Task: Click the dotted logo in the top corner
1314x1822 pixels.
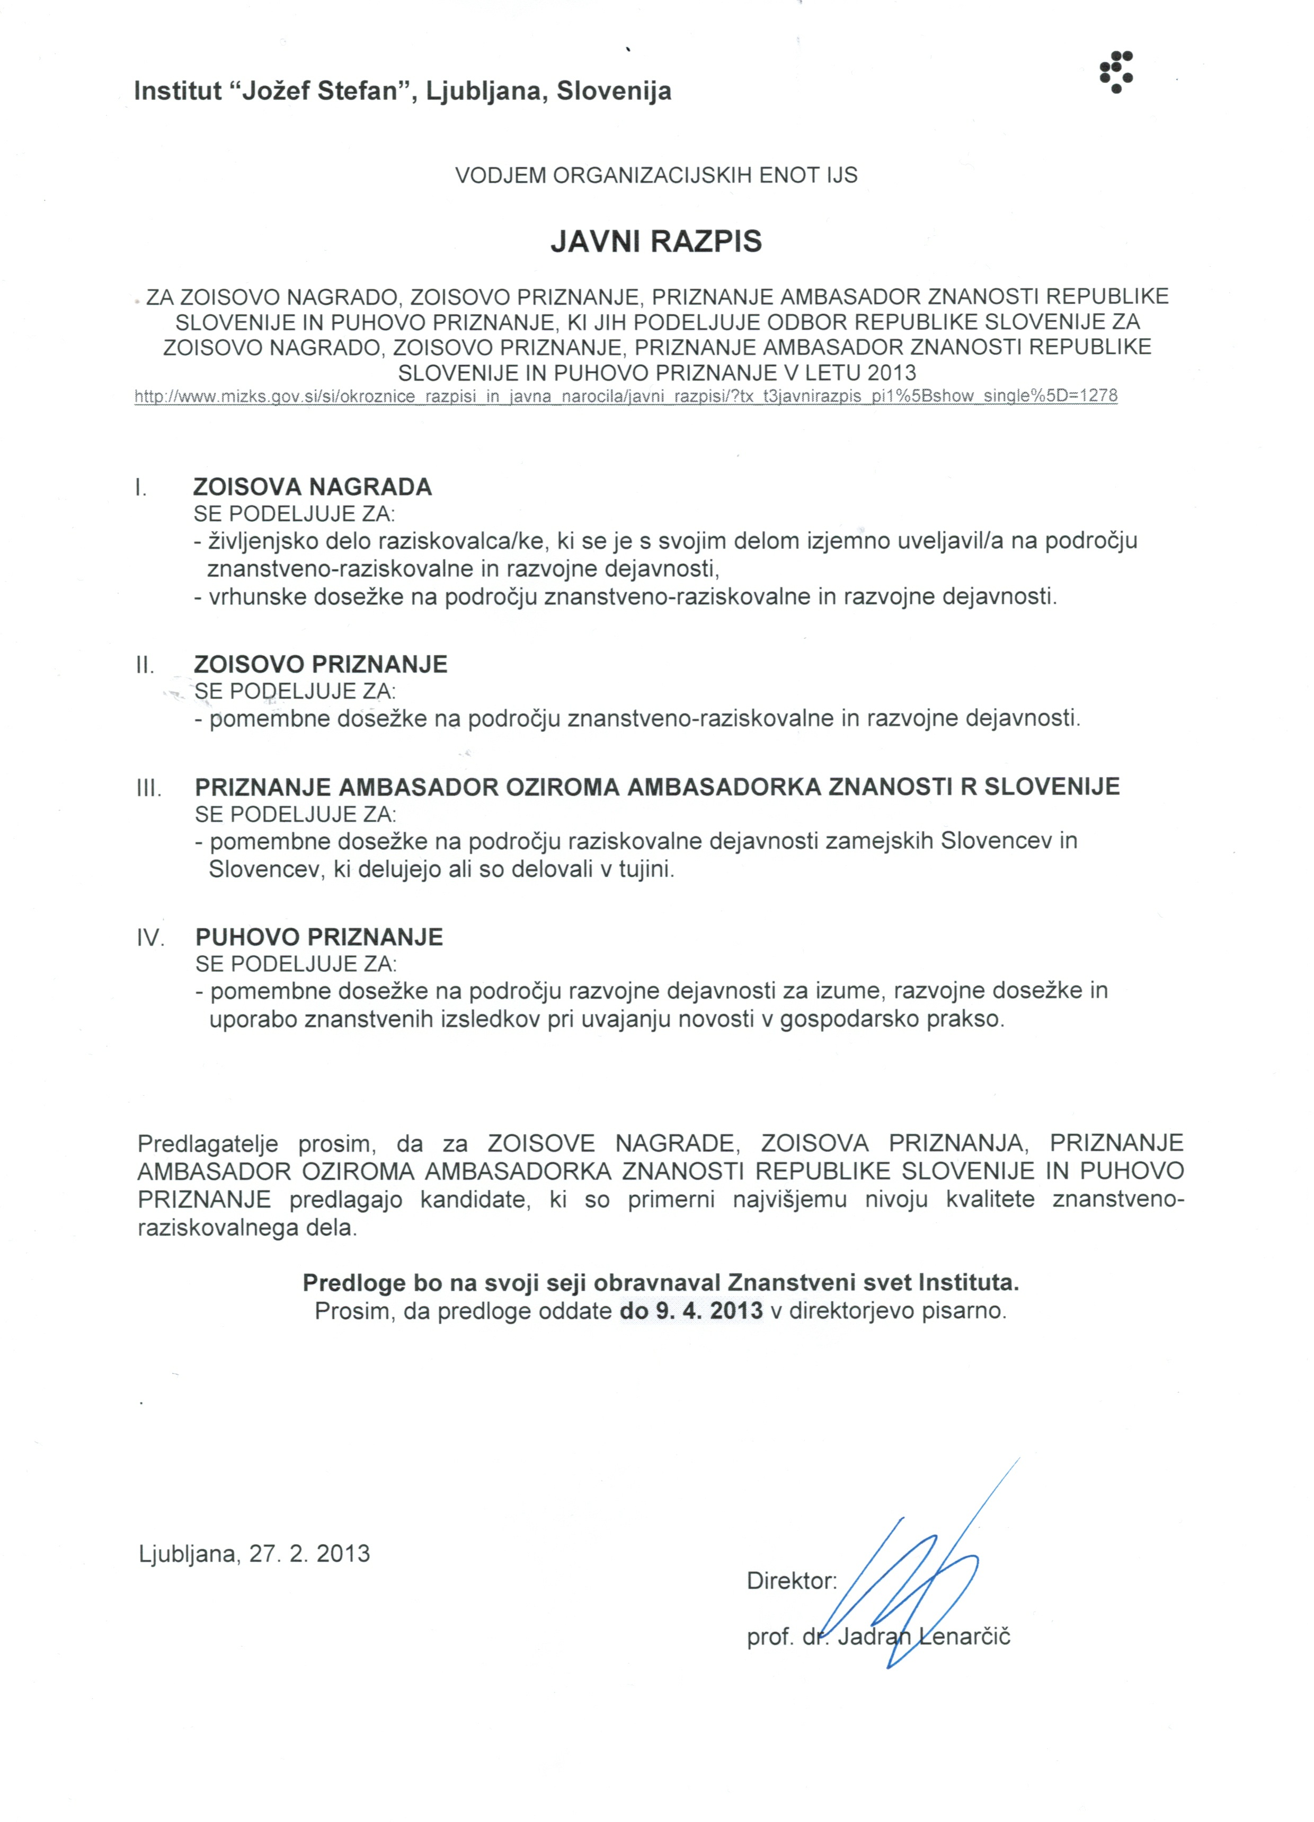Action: (x=1116, y=72)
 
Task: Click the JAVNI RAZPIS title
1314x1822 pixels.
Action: (x=655, y=242)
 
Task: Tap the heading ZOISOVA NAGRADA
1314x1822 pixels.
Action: (x=313, y=487)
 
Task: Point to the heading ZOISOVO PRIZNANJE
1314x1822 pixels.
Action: (x=321, y=664)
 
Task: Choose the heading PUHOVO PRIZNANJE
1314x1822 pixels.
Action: (x=319, y=937)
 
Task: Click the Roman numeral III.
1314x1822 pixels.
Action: (x=148, y=788)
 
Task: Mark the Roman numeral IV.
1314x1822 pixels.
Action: (x=150, y=938)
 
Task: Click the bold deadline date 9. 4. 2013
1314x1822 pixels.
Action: (x=691, y=1310)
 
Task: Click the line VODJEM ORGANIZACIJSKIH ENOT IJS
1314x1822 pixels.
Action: (x=655, y=175)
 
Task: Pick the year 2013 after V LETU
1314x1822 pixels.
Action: (x=892, y=373)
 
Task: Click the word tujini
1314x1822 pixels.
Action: (x=646, y=869)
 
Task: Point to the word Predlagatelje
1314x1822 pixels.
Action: (x=208, y=1143)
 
